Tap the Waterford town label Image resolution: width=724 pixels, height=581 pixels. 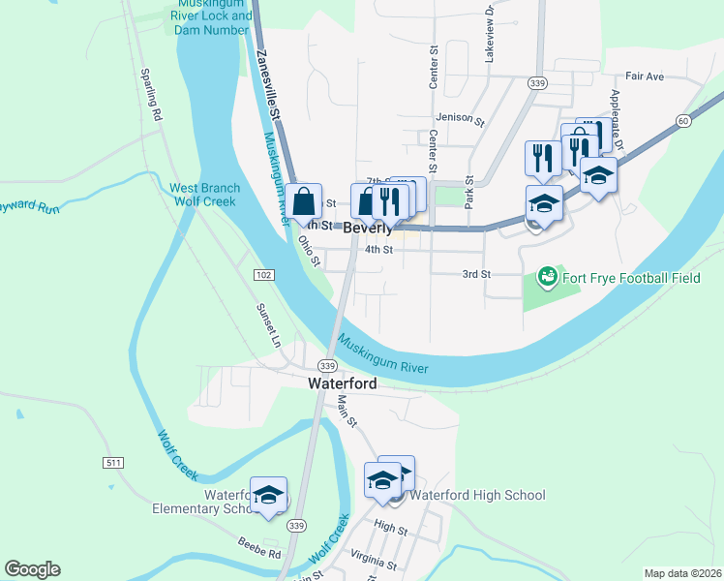tap(342, 382)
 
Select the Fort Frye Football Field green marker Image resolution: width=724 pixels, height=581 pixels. tap(547, 278)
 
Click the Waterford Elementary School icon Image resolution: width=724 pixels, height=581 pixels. tap(268, 495)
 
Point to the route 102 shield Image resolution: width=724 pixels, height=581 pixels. tap(263, 276)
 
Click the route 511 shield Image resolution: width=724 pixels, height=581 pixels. tap(113, 464)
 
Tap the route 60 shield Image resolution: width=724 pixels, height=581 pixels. tap(683, 120)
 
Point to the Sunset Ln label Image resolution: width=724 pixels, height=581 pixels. tap(267, 324)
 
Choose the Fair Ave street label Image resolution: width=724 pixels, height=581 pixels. tap(645, 76)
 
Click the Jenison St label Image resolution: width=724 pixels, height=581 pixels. tap(460, 118)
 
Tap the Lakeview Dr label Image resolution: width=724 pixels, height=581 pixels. tap(490, 42)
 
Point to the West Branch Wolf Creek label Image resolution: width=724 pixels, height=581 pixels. tap(202, 195)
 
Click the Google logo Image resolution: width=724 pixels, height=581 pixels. tap(32, 569)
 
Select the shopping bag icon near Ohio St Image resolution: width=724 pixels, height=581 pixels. tap(304, 201)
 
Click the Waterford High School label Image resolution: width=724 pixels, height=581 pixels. tap(477, 495)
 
